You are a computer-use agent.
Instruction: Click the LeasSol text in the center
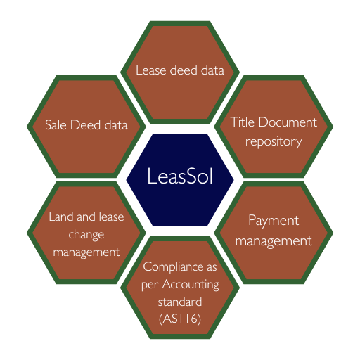click(180, 176)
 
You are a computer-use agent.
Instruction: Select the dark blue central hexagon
click(180, 180)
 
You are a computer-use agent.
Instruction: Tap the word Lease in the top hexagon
click(151, 70)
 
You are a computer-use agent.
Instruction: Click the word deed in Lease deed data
click(184, 70)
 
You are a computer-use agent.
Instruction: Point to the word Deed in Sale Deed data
click(85, 124)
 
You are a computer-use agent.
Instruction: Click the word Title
click(243, 122)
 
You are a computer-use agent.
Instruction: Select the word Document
click(288, 122)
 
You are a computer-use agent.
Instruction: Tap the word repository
click(274, 142)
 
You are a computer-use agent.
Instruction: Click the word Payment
click(274, 221)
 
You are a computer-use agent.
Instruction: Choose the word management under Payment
click(274, 241)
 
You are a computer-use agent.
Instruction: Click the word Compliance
click(173, 267)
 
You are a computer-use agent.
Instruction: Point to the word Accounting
click(191, 285)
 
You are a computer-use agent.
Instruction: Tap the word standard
click(180, 302)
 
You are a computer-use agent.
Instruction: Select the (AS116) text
click(180, 319)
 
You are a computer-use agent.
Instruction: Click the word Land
click(61, 217)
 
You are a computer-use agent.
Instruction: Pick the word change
click(86, 234)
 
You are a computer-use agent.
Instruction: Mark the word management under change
click(86, 252)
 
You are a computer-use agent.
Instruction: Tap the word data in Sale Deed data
click(116, 124)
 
